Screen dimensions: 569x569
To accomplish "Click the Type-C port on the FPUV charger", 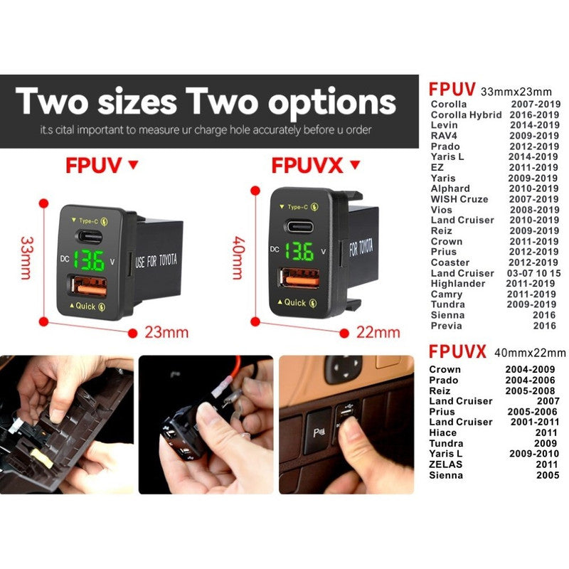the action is (x=90, y=237).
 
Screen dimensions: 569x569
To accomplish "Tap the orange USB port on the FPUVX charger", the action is (x=299, y=278).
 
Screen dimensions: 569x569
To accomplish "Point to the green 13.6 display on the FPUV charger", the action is (x=89, y=260).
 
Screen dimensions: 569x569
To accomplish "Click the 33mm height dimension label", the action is (x=27, y=257).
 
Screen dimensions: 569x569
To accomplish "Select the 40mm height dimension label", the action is (x=238, y=257).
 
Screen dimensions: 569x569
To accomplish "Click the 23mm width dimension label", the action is (x=166, y=332).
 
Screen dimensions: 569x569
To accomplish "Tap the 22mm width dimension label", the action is (x=378, y=332).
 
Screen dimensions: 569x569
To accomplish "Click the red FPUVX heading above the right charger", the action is (x=307, y=166).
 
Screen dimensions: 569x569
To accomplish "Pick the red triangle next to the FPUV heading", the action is (x=134, y=165).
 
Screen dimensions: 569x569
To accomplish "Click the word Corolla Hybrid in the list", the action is (x=466, y=115).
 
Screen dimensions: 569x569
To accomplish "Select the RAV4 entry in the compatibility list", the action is (x=444, y=136).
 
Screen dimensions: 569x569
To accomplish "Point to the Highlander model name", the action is (x=457, y=283).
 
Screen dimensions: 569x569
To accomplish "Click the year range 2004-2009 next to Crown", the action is (x=530, y=369).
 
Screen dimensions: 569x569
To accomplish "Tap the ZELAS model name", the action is (x=446, y=464).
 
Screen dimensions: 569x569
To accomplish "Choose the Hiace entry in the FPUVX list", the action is (x=442, y=432).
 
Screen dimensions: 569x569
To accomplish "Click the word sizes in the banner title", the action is (x=137, y=102).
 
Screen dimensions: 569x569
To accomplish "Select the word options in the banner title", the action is (x=331, y=103).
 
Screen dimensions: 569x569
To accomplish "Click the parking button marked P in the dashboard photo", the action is (x=317, y=432).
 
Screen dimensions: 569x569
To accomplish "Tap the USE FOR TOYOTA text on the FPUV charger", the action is (x=156, y=260).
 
